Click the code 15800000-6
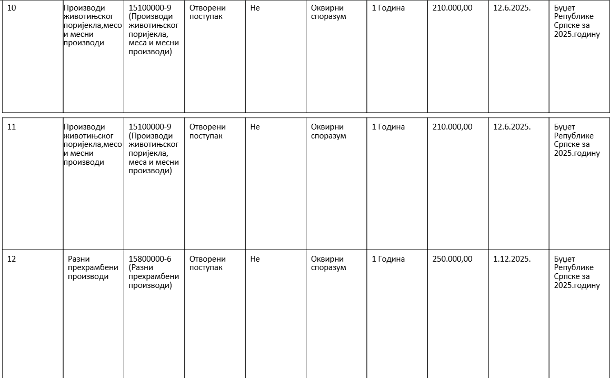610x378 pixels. coord(150,259)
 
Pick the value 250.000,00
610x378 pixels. coord(452,259)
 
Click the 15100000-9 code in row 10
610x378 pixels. coord(150,8)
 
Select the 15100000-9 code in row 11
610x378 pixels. coord(150,127)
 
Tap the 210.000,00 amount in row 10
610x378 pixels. coord(452,8)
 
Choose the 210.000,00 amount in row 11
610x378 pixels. coord(452,127)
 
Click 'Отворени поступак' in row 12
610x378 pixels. coord(207,263)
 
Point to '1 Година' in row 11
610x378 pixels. coord(388,127)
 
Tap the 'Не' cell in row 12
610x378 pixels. coord(255,259)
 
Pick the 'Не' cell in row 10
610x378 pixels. coord(255,8)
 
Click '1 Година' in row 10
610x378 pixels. coord(388,8)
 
